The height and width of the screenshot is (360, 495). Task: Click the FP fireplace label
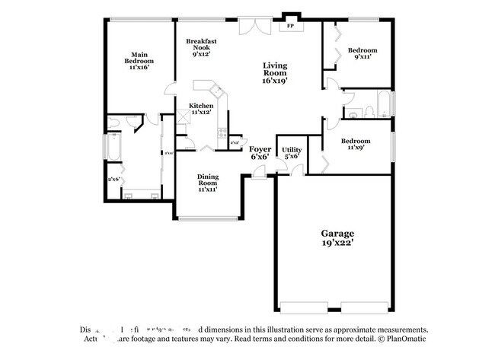289,26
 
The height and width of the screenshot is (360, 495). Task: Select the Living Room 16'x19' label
275,72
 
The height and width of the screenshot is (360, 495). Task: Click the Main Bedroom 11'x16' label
139,61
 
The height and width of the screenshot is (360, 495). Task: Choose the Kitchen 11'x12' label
201,109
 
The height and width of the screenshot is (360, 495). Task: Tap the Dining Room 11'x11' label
208,182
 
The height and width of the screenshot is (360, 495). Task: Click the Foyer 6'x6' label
260,151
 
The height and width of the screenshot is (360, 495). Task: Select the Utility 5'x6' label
292,153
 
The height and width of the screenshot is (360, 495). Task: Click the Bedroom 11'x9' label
356,144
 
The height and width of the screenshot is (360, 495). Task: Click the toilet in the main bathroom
113,121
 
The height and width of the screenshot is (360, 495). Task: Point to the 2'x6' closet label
114,180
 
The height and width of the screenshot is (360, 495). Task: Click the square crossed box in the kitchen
184,118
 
